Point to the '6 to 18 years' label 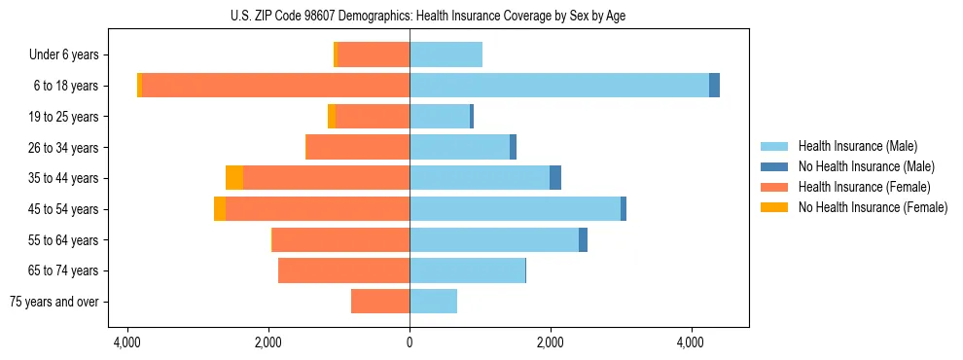click(x=67, y=86)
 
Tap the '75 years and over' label click(x=53, y=302)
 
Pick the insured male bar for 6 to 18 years click(x=559, y=86)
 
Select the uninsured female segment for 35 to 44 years click(x=234, y=178)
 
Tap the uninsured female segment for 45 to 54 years click(x=220, y=209)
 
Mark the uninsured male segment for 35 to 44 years click(x=555, y=178)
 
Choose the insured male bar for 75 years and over click(x=434, y=302)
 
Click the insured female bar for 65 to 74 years click(x=343, y=270)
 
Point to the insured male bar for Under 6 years click(x=446, y=55)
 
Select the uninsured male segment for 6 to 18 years click(x=714, y=86)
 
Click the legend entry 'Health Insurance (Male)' click(x=857, y=146)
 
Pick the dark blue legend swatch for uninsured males click(x=774, y=166)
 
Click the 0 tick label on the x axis click(x=410, y=342)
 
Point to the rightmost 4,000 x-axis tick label click(x=691, y=342)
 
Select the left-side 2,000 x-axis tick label click(x=268, y=342)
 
